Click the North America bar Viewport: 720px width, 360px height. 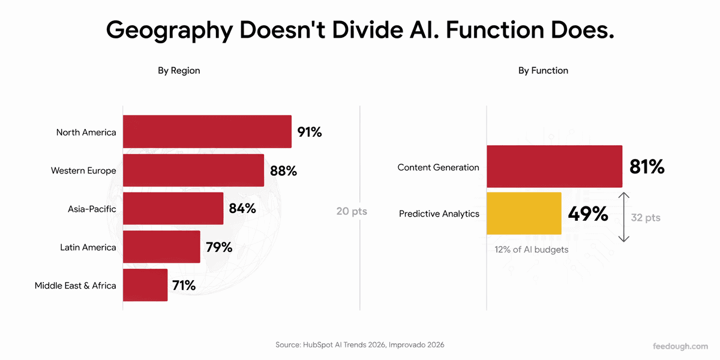click(x=208, y=131)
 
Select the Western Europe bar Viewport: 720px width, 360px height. click(x=193, y=170)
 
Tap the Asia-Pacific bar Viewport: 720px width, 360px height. click(x=173, y=208)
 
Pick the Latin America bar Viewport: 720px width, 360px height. click(x=161, y=247)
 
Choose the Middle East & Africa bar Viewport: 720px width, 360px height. click(x=145, y=285)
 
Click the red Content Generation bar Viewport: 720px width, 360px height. click(x=554, y=166)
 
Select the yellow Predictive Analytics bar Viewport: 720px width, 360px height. click(x=524, y=214)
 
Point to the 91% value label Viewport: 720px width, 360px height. click(x=309, y=132)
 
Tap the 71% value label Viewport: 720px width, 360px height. click(x=184, y=286)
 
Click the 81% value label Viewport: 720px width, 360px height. click(x=647, y=167)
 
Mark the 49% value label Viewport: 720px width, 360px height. click(x=588, y=214)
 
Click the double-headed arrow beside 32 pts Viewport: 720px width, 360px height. click(x=624, y=217)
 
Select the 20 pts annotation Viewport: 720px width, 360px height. click(x=352, y=211)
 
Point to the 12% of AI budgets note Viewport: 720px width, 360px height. click(x=532, y=250)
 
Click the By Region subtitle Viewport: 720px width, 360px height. click(x=179, y=70)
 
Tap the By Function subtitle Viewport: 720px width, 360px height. click(x=543, y=70)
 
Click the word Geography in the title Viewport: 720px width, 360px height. click(x=169, y=31)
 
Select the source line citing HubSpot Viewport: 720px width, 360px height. click(x=359, y=345)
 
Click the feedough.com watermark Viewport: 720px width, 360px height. click(x=680, y=346)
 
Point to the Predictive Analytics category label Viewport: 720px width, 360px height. click(x=439, y=214)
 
